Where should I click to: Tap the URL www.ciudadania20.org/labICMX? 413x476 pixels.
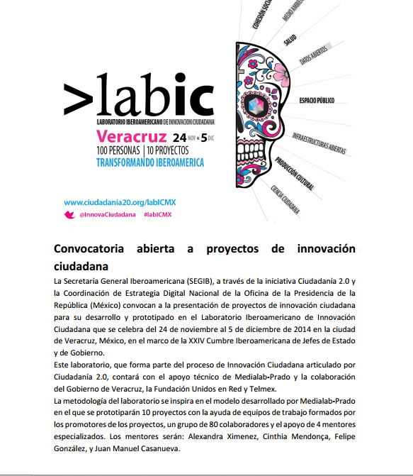click(119, 202)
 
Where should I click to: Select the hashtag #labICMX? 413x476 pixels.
click(157, 214)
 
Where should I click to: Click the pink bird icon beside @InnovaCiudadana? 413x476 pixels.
click(69, 214)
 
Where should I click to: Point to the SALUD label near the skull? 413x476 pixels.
click(290, 40)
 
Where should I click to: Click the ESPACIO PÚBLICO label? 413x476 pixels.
click(316, 100)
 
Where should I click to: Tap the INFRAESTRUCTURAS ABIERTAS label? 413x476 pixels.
click(319, 138)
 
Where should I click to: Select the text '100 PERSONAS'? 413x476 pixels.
click(118, 150)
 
